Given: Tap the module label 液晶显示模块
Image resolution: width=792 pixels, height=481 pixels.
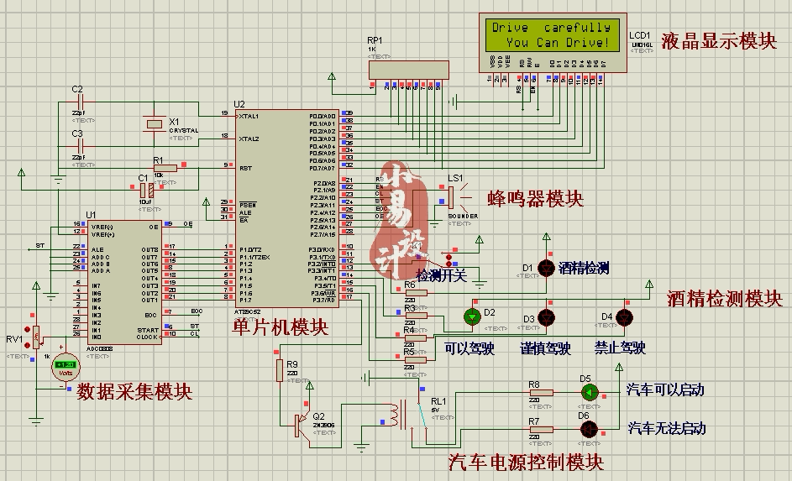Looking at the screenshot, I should click(719, 41).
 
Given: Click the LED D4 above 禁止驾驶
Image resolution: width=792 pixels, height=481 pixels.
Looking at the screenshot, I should click(624, 316).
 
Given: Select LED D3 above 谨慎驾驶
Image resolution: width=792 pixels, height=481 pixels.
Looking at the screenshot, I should click(546, 316).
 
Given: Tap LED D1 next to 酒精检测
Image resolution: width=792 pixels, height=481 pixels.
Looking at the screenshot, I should click(546, 268).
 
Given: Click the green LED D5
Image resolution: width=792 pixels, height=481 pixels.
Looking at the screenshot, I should click(590, 392).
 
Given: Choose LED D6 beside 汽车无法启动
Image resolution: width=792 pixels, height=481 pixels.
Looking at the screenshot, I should click(590, 429).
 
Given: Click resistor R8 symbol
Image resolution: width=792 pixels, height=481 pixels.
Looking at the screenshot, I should click(540, 392).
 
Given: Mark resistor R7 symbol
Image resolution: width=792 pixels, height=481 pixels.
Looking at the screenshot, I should click(540, 429).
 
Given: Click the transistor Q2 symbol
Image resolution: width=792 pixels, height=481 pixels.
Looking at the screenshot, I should click(298, 424).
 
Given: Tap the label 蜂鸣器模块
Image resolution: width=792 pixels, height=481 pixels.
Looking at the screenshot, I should click(535, 199).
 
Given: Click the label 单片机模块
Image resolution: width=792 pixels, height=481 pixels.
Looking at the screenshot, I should click(280, 327).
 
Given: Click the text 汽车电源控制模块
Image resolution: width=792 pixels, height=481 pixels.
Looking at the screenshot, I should click(526, 461).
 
